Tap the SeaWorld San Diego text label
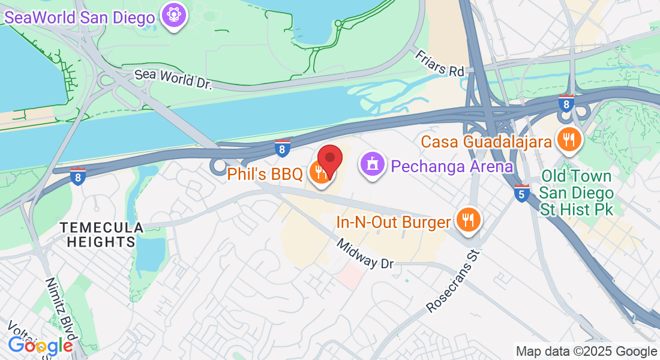[x=80, y=17]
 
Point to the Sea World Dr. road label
[x=173, y=79]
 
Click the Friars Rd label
[x=440, y=62]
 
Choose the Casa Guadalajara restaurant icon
[x=567, y=140]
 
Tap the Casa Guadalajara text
[x=486, y=142]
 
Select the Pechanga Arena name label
[x=452, y=166]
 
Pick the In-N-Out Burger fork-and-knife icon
[x=466, y=220]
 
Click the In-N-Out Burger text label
[x=393, y=223]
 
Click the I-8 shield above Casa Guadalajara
[x=566, y=103]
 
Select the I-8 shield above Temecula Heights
[x=77, y=176]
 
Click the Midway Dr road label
[x=365, y=254]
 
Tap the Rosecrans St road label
[x=454, y=281]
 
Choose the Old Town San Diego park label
[x=576, y=193]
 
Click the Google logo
[x=40, y=346]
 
